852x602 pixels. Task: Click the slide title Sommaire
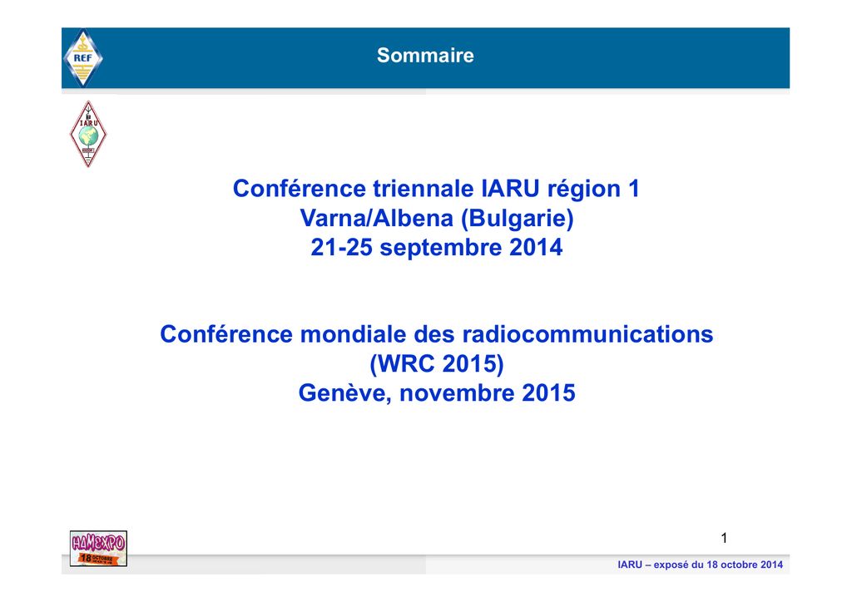click(425, 56)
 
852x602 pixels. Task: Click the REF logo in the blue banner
click(82, 57)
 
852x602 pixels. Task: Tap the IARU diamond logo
click(88, 134)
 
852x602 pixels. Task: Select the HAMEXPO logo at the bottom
click(98, 549)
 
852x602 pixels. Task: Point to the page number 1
click(724, 538)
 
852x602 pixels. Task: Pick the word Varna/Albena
click(377, 218)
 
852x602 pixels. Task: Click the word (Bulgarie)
click(518, 219)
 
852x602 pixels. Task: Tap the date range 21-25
click(341, 248)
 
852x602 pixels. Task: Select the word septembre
click(441, 248)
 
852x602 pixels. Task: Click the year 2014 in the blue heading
click(536, 248)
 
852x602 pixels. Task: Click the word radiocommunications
click(587, 334)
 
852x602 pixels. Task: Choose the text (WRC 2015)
click(437, 364)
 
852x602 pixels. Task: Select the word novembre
click(458, 393)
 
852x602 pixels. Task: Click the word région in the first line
click(583, 190)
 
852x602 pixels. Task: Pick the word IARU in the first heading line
click(510, 189)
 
